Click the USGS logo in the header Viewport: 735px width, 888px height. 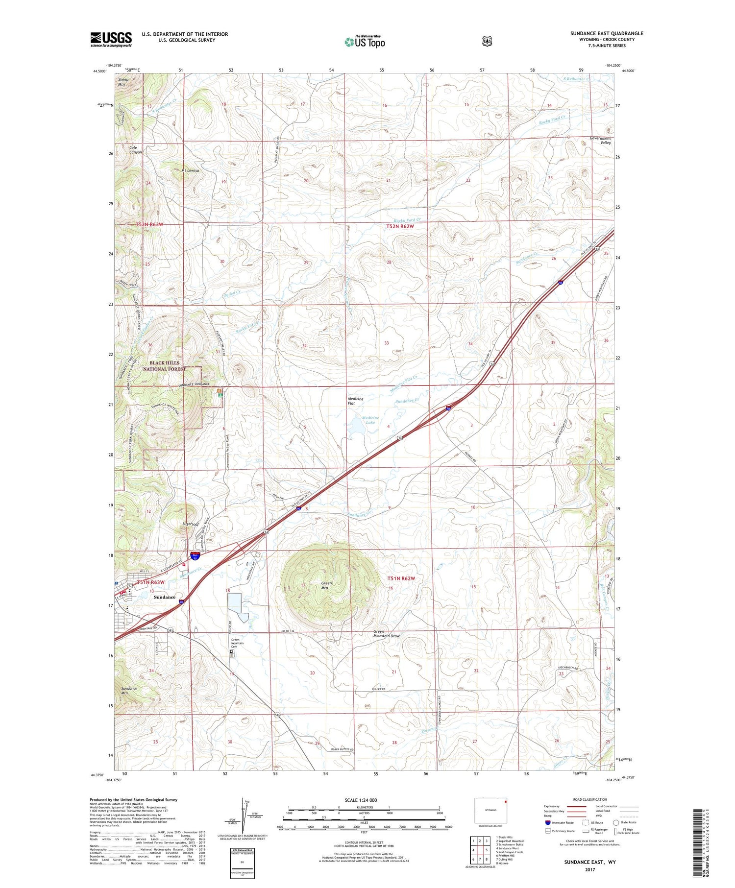(x=111, y=39)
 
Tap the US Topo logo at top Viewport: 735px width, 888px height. (x=365, y=42)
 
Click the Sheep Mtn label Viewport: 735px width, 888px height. (x=122, y=82)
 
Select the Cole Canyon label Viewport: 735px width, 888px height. (x=135, y=149)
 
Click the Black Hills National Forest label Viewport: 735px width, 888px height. (x=164, y=366)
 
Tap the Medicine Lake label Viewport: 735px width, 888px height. (x=370, y=420)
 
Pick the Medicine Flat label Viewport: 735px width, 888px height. (x=355, y=401)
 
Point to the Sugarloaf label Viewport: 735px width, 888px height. (x=191, y=524)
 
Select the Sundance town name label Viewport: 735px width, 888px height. (x=164, y=597)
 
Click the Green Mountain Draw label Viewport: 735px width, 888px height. (x=387, y=634)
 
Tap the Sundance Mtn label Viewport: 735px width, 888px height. (x=129, y=691)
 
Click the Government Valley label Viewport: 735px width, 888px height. (x=600, y=141)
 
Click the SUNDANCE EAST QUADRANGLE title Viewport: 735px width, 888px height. (x=607, y=33)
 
